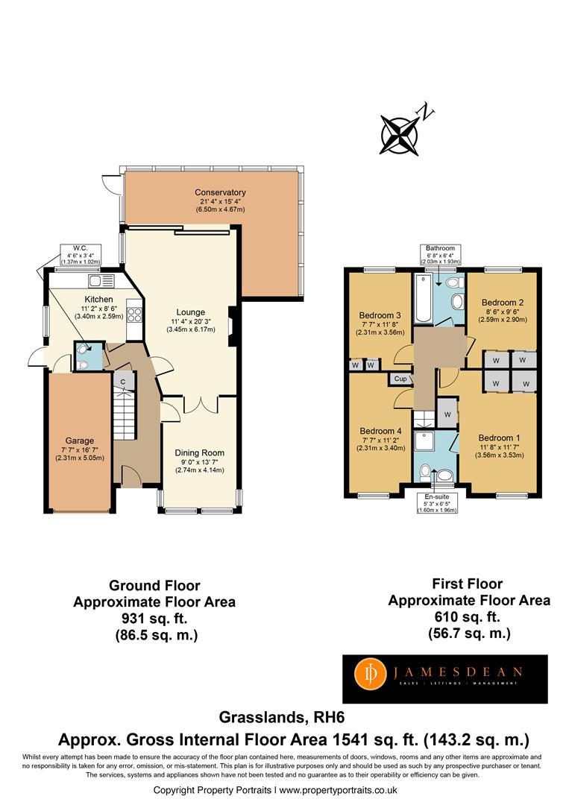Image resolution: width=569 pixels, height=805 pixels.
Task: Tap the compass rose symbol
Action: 398,135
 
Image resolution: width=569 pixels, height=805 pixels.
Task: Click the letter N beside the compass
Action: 427,111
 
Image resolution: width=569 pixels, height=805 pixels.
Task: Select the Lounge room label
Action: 190,312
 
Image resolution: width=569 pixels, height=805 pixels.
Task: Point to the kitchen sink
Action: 101,281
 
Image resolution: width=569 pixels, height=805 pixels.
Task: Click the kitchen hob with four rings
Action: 134,315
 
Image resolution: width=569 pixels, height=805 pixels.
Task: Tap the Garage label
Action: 80,441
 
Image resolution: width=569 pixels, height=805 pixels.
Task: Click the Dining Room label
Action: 199,453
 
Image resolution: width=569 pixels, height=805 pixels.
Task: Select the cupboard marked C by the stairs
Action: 123,382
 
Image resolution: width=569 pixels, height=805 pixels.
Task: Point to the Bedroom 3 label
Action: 380,315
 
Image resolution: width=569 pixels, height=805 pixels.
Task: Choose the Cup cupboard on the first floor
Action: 400,379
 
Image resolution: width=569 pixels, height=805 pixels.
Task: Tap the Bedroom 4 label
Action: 380,432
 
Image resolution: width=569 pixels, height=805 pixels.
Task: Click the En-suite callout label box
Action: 436,502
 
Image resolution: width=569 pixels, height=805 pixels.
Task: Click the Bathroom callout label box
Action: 440,255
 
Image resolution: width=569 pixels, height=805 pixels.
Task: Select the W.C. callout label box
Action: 80,255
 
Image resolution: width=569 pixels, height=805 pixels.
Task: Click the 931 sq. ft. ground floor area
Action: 154,618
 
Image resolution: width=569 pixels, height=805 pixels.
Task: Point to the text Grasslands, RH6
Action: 282,717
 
